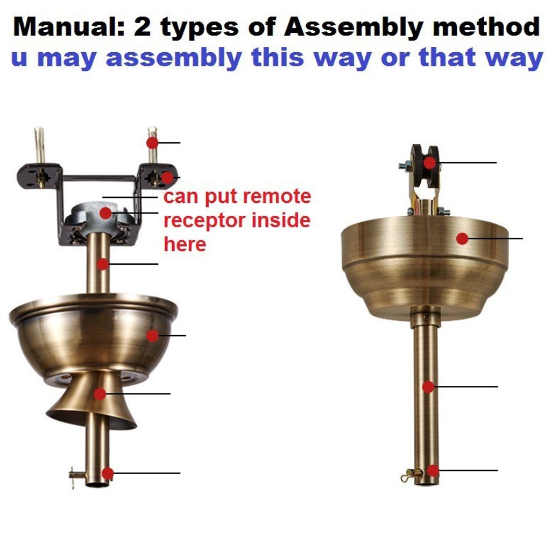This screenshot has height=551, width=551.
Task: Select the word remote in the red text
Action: [x=277, y=196]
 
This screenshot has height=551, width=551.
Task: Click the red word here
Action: [x=185, y=244]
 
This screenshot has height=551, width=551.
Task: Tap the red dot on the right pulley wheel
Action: [x=429, y=163]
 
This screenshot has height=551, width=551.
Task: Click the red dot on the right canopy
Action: [x=462, y=238]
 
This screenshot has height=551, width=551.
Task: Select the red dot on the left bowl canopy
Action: [x=152, y=336]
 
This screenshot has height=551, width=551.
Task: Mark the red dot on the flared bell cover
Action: [x=100, y=393]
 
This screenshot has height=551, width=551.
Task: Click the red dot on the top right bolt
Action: [x=152, y=143]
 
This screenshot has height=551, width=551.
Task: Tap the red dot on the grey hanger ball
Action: [x=105, y=213]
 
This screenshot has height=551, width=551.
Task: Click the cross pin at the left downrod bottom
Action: [x=77, y=477]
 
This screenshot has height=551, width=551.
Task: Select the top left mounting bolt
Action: [x=39, y=145]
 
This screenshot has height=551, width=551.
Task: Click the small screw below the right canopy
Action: [x=427, y=317]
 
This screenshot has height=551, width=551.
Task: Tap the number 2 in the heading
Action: [x=142, y=27]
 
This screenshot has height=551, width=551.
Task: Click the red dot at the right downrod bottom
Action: [x=433, y=470]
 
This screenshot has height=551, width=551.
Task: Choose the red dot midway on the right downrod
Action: [x=428, y=387]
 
